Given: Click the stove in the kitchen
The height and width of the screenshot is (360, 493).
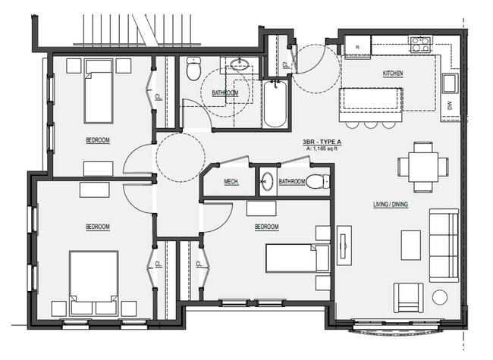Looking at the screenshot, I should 419,44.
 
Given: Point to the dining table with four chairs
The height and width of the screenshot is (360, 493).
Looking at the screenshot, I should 421,165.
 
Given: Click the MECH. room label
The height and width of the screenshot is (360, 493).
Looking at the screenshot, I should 232,182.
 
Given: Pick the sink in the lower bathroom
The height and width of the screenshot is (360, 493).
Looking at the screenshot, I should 267,181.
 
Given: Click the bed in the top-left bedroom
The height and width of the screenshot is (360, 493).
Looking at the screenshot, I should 99,93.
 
